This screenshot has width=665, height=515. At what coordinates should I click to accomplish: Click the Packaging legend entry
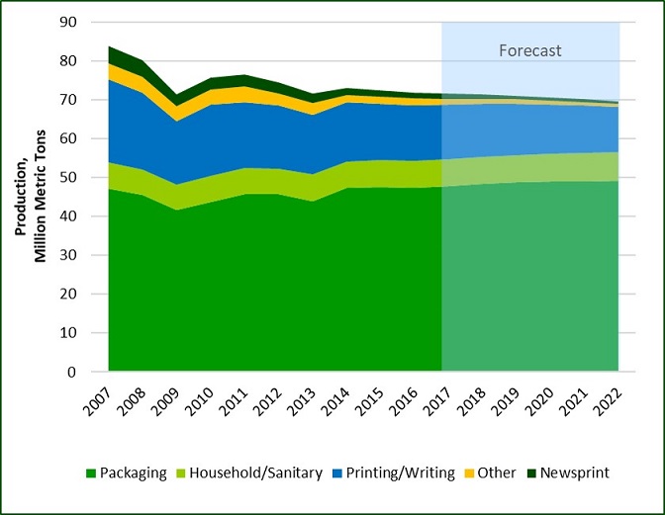tap(133, 473)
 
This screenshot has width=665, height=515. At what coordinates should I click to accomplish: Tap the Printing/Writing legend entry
tap(404, 473)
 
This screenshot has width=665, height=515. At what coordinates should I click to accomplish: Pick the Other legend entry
tap(497, 473)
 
